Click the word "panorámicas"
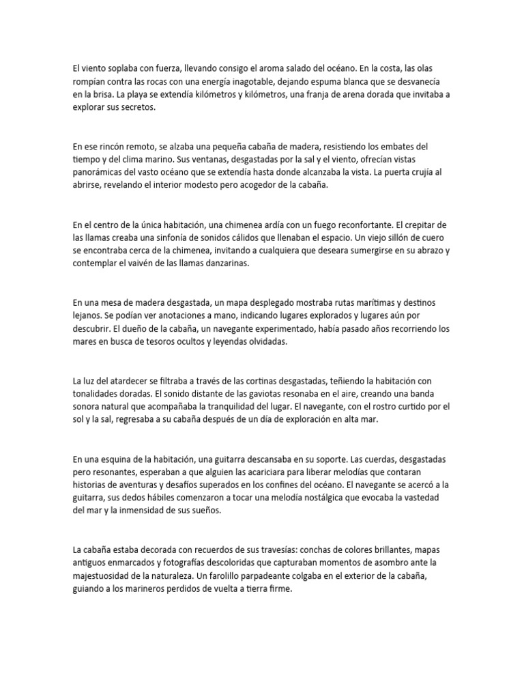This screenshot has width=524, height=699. coord(96,172)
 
